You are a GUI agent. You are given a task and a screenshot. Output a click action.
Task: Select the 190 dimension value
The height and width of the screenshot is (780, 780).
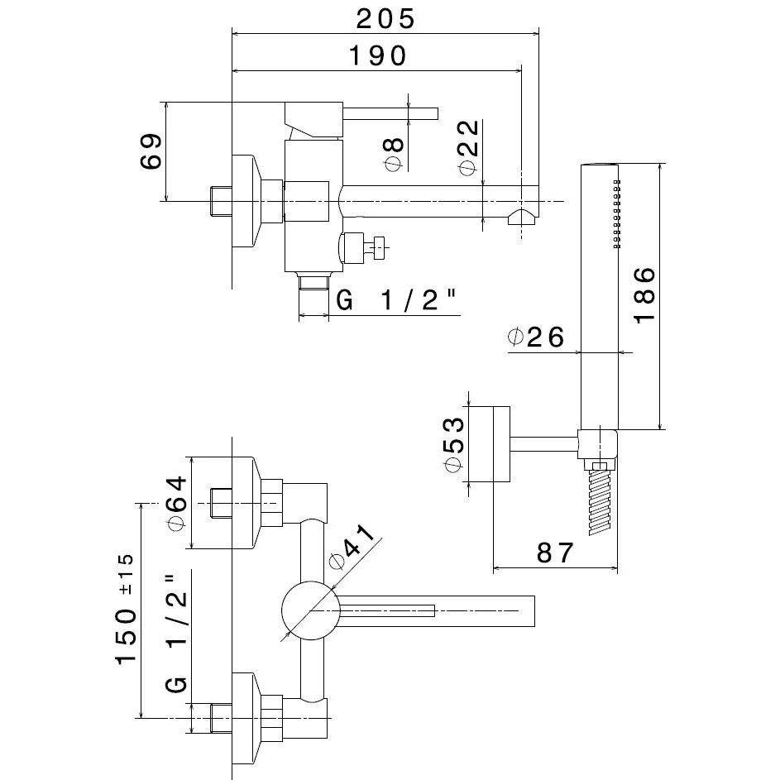pos(376,56)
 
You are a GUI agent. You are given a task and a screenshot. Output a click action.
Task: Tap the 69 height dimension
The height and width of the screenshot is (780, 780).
pos(151,151)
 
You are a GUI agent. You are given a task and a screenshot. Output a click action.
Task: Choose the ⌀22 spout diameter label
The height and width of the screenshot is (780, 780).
pos(468,148)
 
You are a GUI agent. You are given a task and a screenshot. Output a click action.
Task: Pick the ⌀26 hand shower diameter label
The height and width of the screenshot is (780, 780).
pos(536,337)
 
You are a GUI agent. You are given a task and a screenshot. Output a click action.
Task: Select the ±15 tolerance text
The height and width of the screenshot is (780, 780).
pos(126,572)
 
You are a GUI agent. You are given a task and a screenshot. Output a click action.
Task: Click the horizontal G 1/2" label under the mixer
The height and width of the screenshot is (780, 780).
pos(397,302)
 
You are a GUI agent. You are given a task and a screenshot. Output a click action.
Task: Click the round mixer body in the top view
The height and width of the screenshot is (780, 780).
pos(311,611)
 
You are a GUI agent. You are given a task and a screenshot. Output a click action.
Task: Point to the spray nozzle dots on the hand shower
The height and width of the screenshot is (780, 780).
pos(615,213)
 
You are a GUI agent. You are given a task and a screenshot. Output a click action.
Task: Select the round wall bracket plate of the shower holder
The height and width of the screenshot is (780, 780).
pos(501,443)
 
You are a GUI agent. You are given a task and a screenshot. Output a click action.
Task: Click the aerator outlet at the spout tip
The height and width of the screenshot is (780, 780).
pos(522,218)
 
